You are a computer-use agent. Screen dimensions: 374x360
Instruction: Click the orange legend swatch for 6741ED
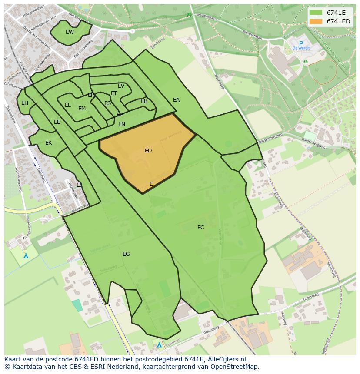(316, 21)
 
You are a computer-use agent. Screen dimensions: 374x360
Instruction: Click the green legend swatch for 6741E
(316, 13)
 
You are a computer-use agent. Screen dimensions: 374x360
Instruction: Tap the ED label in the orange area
(148, 151)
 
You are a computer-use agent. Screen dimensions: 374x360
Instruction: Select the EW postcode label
(70, 32)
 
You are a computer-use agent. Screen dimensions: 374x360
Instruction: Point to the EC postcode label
(200, 228)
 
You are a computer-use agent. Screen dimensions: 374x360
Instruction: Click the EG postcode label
(126, 254)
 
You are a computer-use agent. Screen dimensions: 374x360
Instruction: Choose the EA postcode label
(176, 100)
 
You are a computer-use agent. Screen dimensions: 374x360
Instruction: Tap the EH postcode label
(25, 103)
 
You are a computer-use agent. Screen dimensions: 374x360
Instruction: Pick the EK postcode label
(48, 143)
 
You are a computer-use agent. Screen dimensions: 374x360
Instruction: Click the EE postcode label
(57, 122)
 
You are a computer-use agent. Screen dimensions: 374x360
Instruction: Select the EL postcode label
(67, 105)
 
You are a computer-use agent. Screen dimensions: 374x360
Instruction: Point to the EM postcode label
(82, 109)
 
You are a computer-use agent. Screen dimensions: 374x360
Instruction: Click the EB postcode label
(144, 101)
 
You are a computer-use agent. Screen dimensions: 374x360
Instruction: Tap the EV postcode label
(121, 86)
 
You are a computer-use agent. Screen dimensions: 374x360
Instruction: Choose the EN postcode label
(122, 124)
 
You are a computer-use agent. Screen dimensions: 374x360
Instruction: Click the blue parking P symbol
(301, 43)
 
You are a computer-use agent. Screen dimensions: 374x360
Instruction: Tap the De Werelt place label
(300, 48)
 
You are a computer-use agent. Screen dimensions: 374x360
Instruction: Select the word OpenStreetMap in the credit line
(236, 367)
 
